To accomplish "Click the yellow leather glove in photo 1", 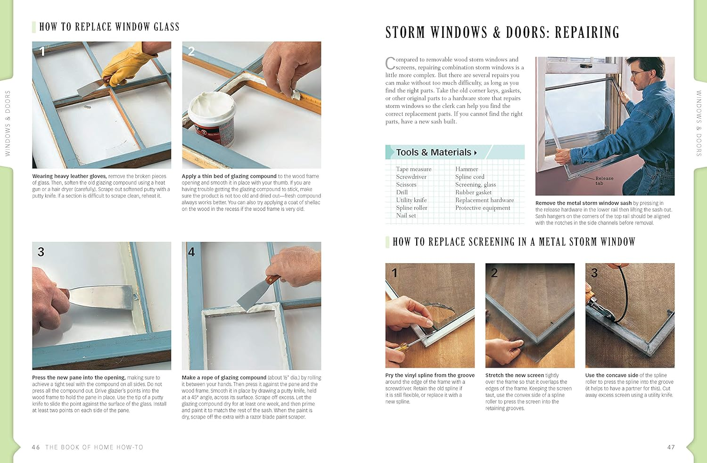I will coord(126,64).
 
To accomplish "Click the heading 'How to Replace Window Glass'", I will coord(109,27).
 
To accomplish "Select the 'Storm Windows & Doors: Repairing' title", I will coord(502,33).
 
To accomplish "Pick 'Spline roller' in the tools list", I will coord(411,208).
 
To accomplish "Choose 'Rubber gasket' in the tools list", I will coord(473,192).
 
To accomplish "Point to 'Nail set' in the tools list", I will coord(406,215).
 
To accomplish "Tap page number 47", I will coord(671,447).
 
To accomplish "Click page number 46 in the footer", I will coord(36,447).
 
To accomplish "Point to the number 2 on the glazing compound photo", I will coord(191,51).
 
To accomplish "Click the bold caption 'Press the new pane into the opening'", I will coord(79,378).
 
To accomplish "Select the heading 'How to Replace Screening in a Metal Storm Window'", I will coord(514,242).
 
